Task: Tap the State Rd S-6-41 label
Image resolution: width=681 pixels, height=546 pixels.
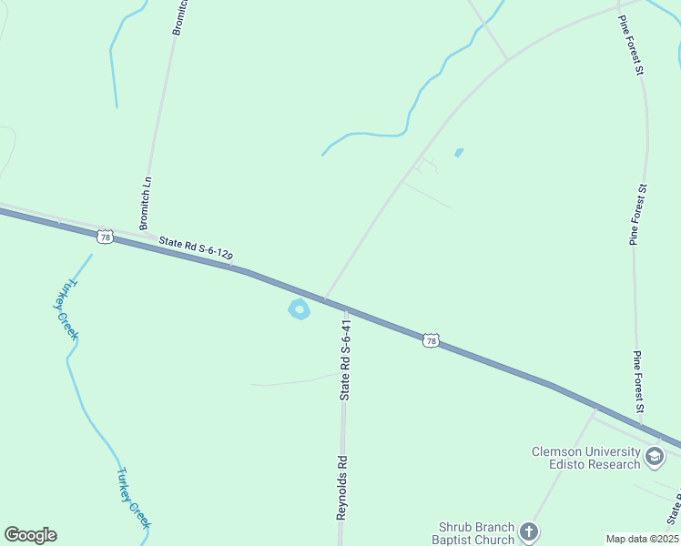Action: pyautogui.click(x=345, y=360)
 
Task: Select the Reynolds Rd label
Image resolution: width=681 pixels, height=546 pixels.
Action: pyautogui.click(x=342, y=487)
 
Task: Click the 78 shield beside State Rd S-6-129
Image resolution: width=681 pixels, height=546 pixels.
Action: pyautogui.click(x=106, y=237)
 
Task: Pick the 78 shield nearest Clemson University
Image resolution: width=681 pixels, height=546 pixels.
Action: pyautogui.click(x=431, y=340)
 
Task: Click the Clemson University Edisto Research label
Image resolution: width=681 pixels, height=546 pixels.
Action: pyautogui.click(x=586, y=458)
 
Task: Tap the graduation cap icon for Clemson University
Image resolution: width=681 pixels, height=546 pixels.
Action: pyautogui.click(x=655, y=458)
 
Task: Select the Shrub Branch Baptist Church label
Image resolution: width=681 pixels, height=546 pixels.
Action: pyautogui.click(x=476, y=533)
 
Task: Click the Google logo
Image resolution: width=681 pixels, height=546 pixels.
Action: pyautogui.click(x=31, y=535)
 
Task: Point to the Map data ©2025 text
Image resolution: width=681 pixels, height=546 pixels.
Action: pyautogui.click(x=643, y=539)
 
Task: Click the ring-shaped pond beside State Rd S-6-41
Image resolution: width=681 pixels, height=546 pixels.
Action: pyautogui.click(x=299, y=310)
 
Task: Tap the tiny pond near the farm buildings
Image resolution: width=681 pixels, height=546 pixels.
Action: pyautogui.click(x=458, y=152)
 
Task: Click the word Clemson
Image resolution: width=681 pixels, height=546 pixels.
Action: pyautogui.click(x=560, y=451)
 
